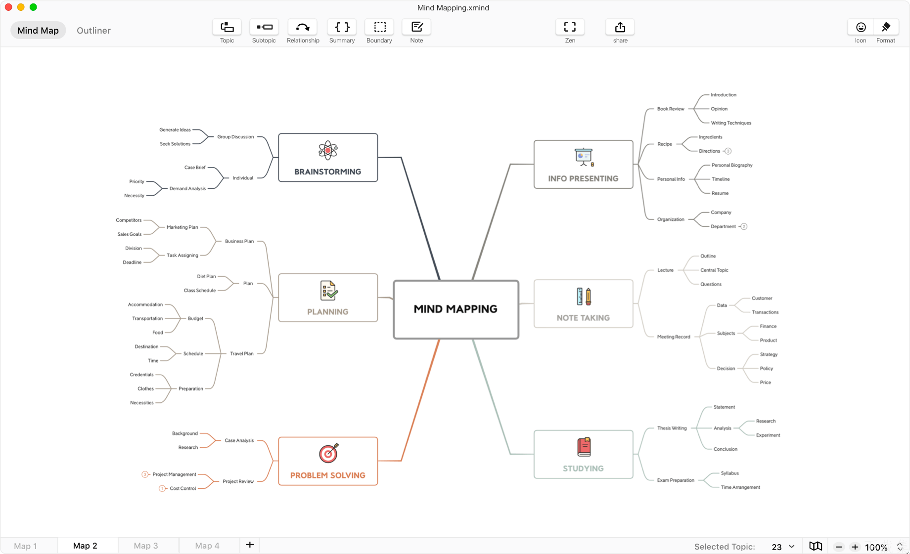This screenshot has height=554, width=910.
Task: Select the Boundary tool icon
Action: (x=379, y=27)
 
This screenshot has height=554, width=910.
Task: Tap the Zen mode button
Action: (x=570, y=27)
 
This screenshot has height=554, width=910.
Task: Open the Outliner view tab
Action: (x=93, y=31)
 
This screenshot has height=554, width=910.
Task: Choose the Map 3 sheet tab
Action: (x=146, y=546)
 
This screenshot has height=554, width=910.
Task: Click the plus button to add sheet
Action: (x=250, y=545)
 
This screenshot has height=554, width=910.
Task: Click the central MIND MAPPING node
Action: (x=455, y=309)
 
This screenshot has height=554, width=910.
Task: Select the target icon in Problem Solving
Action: (x=328, y=453)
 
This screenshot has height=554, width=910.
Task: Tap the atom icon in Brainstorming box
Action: (x=328, y=150)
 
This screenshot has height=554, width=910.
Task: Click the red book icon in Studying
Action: (x=584, y=447)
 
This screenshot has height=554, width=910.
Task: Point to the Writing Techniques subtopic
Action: (x=731, y=123)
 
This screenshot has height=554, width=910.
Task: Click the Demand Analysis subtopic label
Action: (x=187, y=189)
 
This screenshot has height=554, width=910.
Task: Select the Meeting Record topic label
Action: (x=674, y=337)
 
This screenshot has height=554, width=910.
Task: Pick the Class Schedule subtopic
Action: (x=200, y=291)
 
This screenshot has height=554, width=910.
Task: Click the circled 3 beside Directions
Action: (x=728, y=151)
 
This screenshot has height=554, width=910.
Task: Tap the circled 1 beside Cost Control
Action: (x=162, y=489)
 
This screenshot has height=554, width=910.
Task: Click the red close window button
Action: (x=8, y=7)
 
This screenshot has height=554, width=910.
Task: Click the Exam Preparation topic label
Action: (x=676, y=480)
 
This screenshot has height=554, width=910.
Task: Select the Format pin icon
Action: (x=886, y=27)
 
